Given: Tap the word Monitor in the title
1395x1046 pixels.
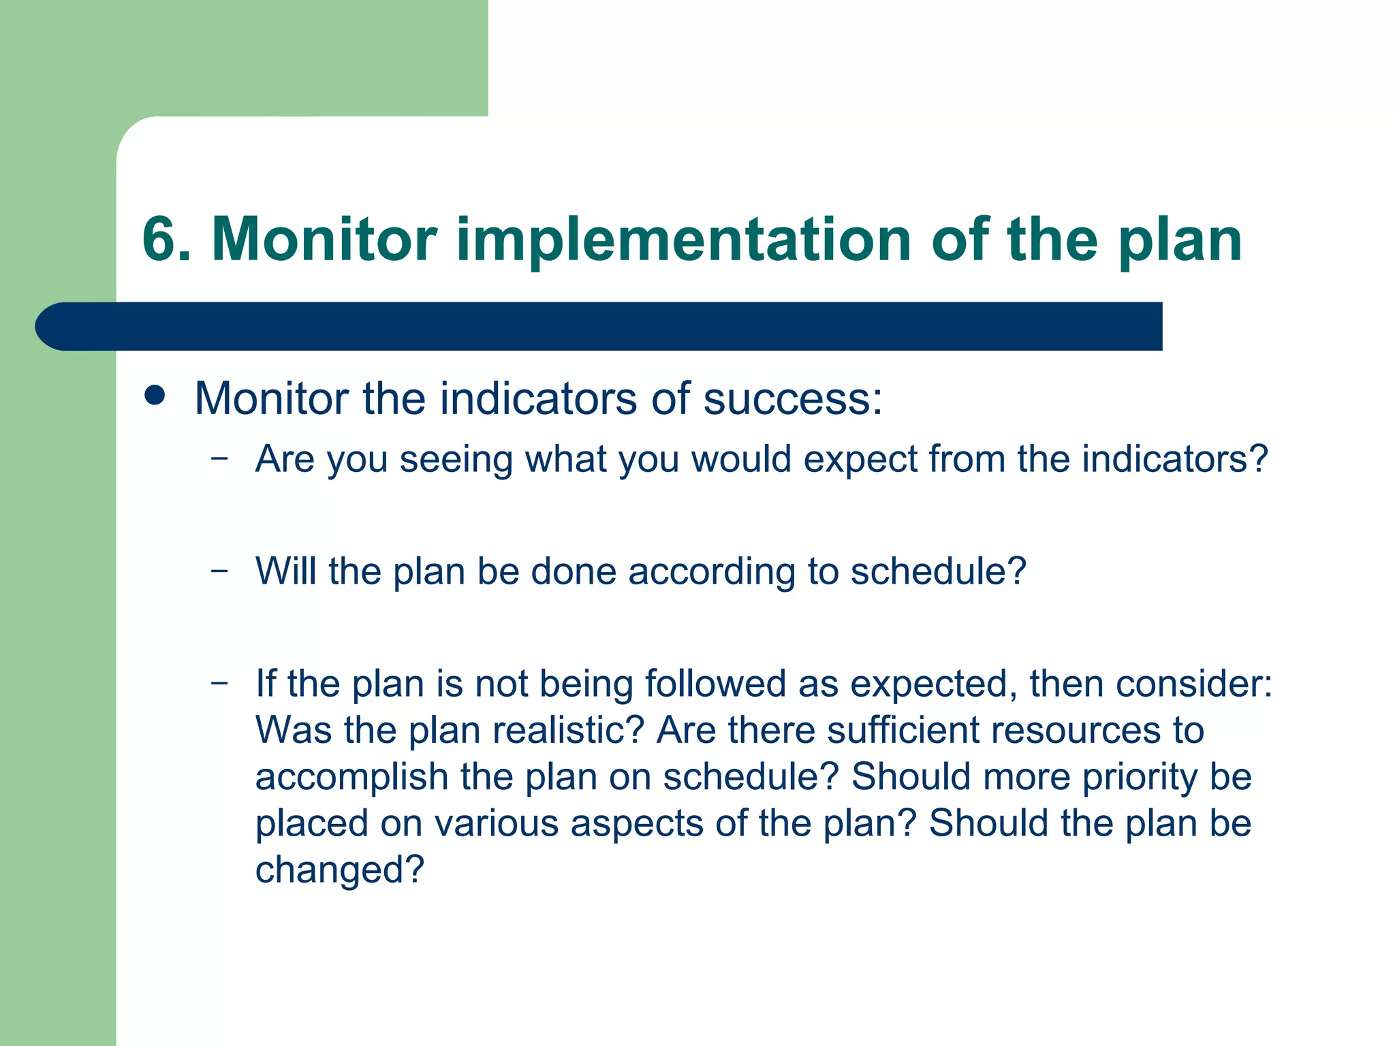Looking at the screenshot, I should tap(324, 239).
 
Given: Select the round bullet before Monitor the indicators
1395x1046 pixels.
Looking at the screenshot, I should tap(155, 396).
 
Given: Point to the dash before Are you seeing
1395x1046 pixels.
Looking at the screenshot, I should tap(219, 458).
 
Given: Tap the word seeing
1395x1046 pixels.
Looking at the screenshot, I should tap(456, 460).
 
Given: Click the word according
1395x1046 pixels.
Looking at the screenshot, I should tap(712, 572).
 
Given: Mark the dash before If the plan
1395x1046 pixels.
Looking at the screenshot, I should tap(219, 682).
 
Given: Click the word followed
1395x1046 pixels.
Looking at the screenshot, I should tap(715, 683).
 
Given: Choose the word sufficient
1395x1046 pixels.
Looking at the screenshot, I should tap(903, 730).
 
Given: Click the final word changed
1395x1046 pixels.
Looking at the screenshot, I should tap(339, 870).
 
